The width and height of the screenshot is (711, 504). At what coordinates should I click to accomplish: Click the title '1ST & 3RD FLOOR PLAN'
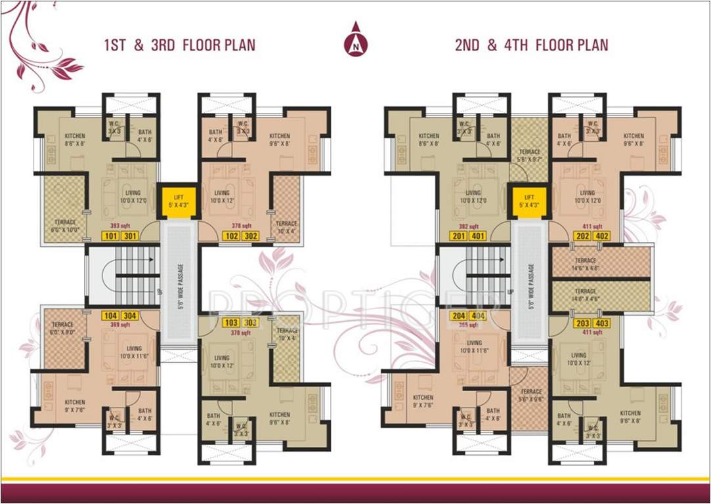tap(179, 45)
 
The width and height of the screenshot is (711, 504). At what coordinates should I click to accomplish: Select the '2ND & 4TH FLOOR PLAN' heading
tap(531, 45)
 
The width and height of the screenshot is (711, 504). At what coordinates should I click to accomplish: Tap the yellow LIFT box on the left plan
tap(179, 200)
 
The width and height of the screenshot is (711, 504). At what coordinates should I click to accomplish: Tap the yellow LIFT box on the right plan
tap(529, 200)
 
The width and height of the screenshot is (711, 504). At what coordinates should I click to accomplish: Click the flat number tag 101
tap(111, 236)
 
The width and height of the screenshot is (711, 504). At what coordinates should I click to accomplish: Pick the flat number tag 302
tap(250, 236)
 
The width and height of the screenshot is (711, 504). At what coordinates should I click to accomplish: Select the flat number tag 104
tap(111, 315)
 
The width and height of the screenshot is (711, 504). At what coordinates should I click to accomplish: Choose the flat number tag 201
tap(458, 236)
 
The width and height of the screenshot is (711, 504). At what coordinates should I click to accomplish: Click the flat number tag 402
tap(601, 236)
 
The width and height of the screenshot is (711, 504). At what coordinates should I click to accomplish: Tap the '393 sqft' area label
tap(119, 225)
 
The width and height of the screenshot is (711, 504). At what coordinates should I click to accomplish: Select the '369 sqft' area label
tap(119, 325)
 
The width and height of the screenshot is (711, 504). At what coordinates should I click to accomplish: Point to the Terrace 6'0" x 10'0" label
tap(64, 225)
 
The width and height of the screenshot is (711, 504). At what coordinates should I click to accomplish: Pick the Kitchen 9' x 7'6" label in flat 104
tap(74, 406)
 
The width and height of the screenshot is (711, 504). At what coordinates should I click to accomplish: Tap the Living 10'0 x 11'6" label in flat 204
tap(474, 346)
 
